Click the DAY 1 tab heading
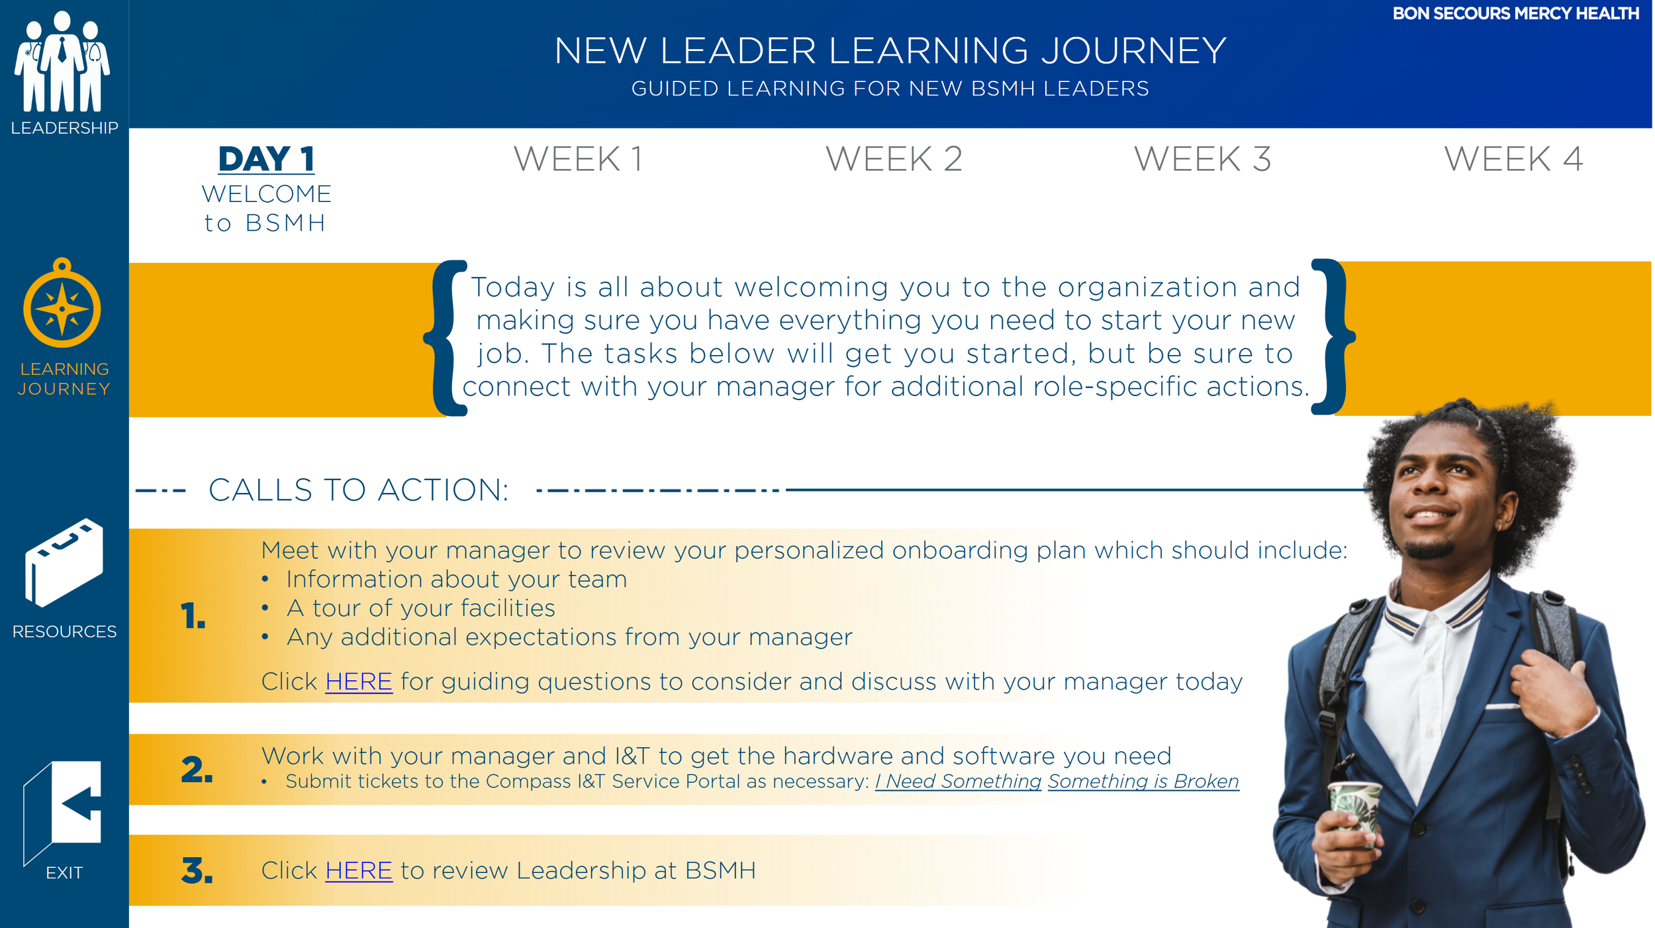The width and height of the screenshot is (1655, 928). pos(266,159)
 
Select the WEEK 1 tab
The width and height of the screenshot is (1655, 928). pos(578,159)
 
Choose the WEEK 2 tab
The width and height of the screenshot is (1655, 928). pos(894,159)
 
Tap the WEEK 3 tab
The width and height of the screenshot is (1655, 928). pos(1202,159)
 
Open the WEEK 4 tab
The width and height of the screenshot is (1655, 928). pos(1513,159)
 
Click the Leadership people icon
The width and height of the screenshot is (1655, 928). pos(62,63)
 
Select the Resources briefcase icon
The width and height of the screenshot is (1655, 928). pos(64,563)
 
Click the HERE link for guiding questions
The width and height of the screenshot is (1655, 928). pos(359,682)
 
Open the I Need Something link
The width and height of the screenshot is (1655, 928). pos(958,782)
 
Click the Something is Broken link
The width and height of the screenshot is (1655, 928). pos(1143,782)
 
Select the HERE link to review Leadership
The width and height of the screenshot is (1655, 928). pos(359,870)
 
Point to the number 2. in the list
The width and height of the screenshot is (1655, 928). pos(197,770)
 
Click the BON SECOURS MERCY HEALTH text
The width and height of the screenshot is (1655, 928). pos(1515,14)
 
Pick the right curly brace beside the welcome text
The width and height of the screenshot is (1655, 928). pos(1332,336)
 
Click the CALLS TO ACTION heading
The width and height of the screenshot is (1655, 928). pos(358,490)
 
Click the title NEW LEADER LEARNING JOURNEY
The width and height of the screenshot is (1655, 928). pos(890,51)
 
